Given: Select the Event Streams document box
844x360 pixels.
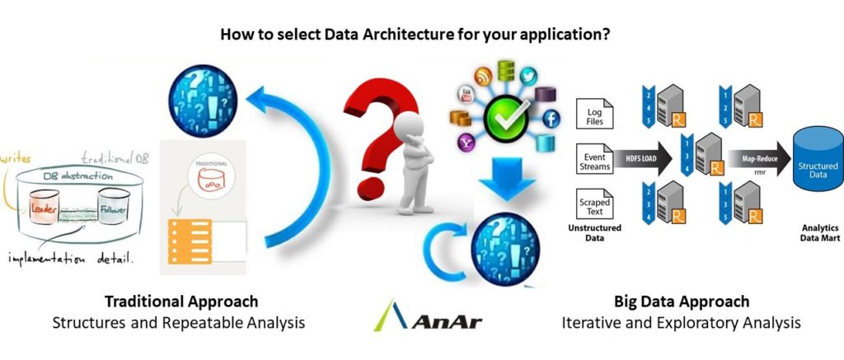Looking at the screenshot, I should click(x=594, y=160).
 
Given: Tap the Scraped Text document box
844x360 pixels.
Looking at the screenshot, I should click(x=594, y=203).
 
